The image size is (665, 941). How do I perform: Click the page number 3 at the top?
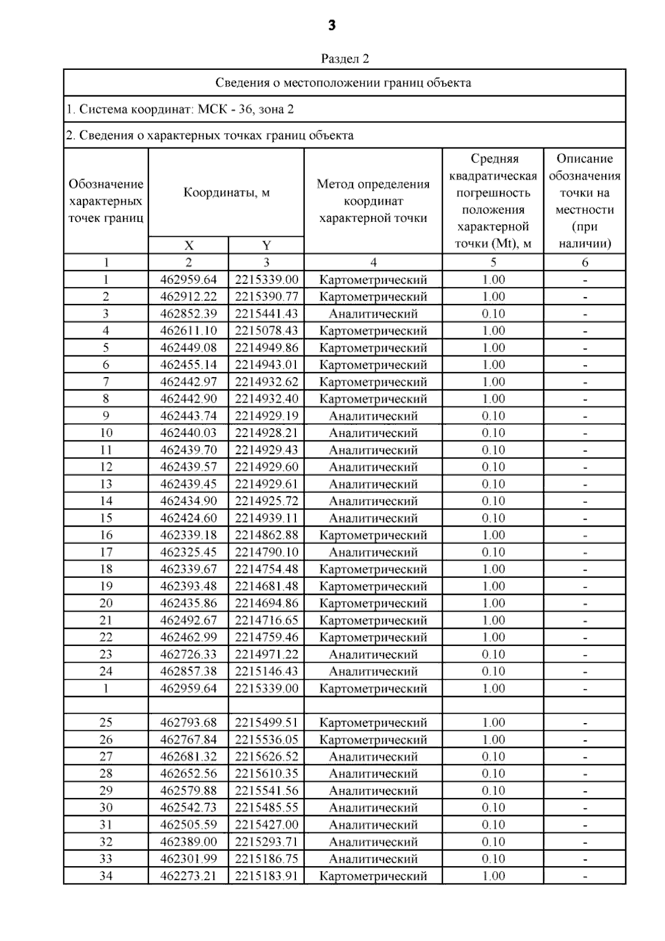point(331,26)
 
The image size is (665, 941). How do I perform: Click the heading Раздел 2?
point(345,59)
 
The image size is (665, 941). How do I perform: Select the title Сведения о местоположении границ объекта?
point(344,83)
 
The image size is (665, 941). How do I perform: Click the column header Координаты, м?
point(227,193)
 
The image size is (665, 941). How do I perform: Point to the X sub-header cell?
point(188,246)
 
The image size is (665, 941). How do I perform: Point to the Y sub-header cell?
point(266,246)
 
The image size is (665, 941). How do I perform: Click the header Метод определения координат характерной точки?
point(373,201)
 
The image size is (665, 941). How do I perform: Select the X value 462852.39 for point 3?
point(188,314)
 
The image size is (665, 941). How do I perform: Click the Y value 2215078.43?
point(266,331)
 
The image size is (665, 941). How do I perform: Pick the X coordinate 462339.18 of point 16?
point(188,535)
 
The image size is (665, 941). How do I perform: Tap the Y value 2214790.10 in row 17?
point(266,552)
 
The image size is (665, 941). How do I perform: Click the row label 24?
point(106,672)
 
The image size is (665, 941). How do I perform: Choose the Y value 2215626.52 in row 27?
point(266,757)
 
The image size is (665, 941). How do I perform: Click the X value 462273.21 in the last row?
point(188,876)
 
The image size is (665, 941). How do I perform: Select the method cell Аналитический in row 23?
point(373,654)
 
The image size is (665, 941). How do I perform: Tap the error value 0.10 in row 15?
point(493,518)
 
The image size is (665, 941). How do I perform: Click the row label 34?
point(106,876)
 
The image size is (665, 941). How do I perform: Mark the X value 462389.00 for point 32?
point(188,842)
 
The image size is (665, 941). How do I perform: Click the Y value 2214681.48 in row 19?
point(266,586)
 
